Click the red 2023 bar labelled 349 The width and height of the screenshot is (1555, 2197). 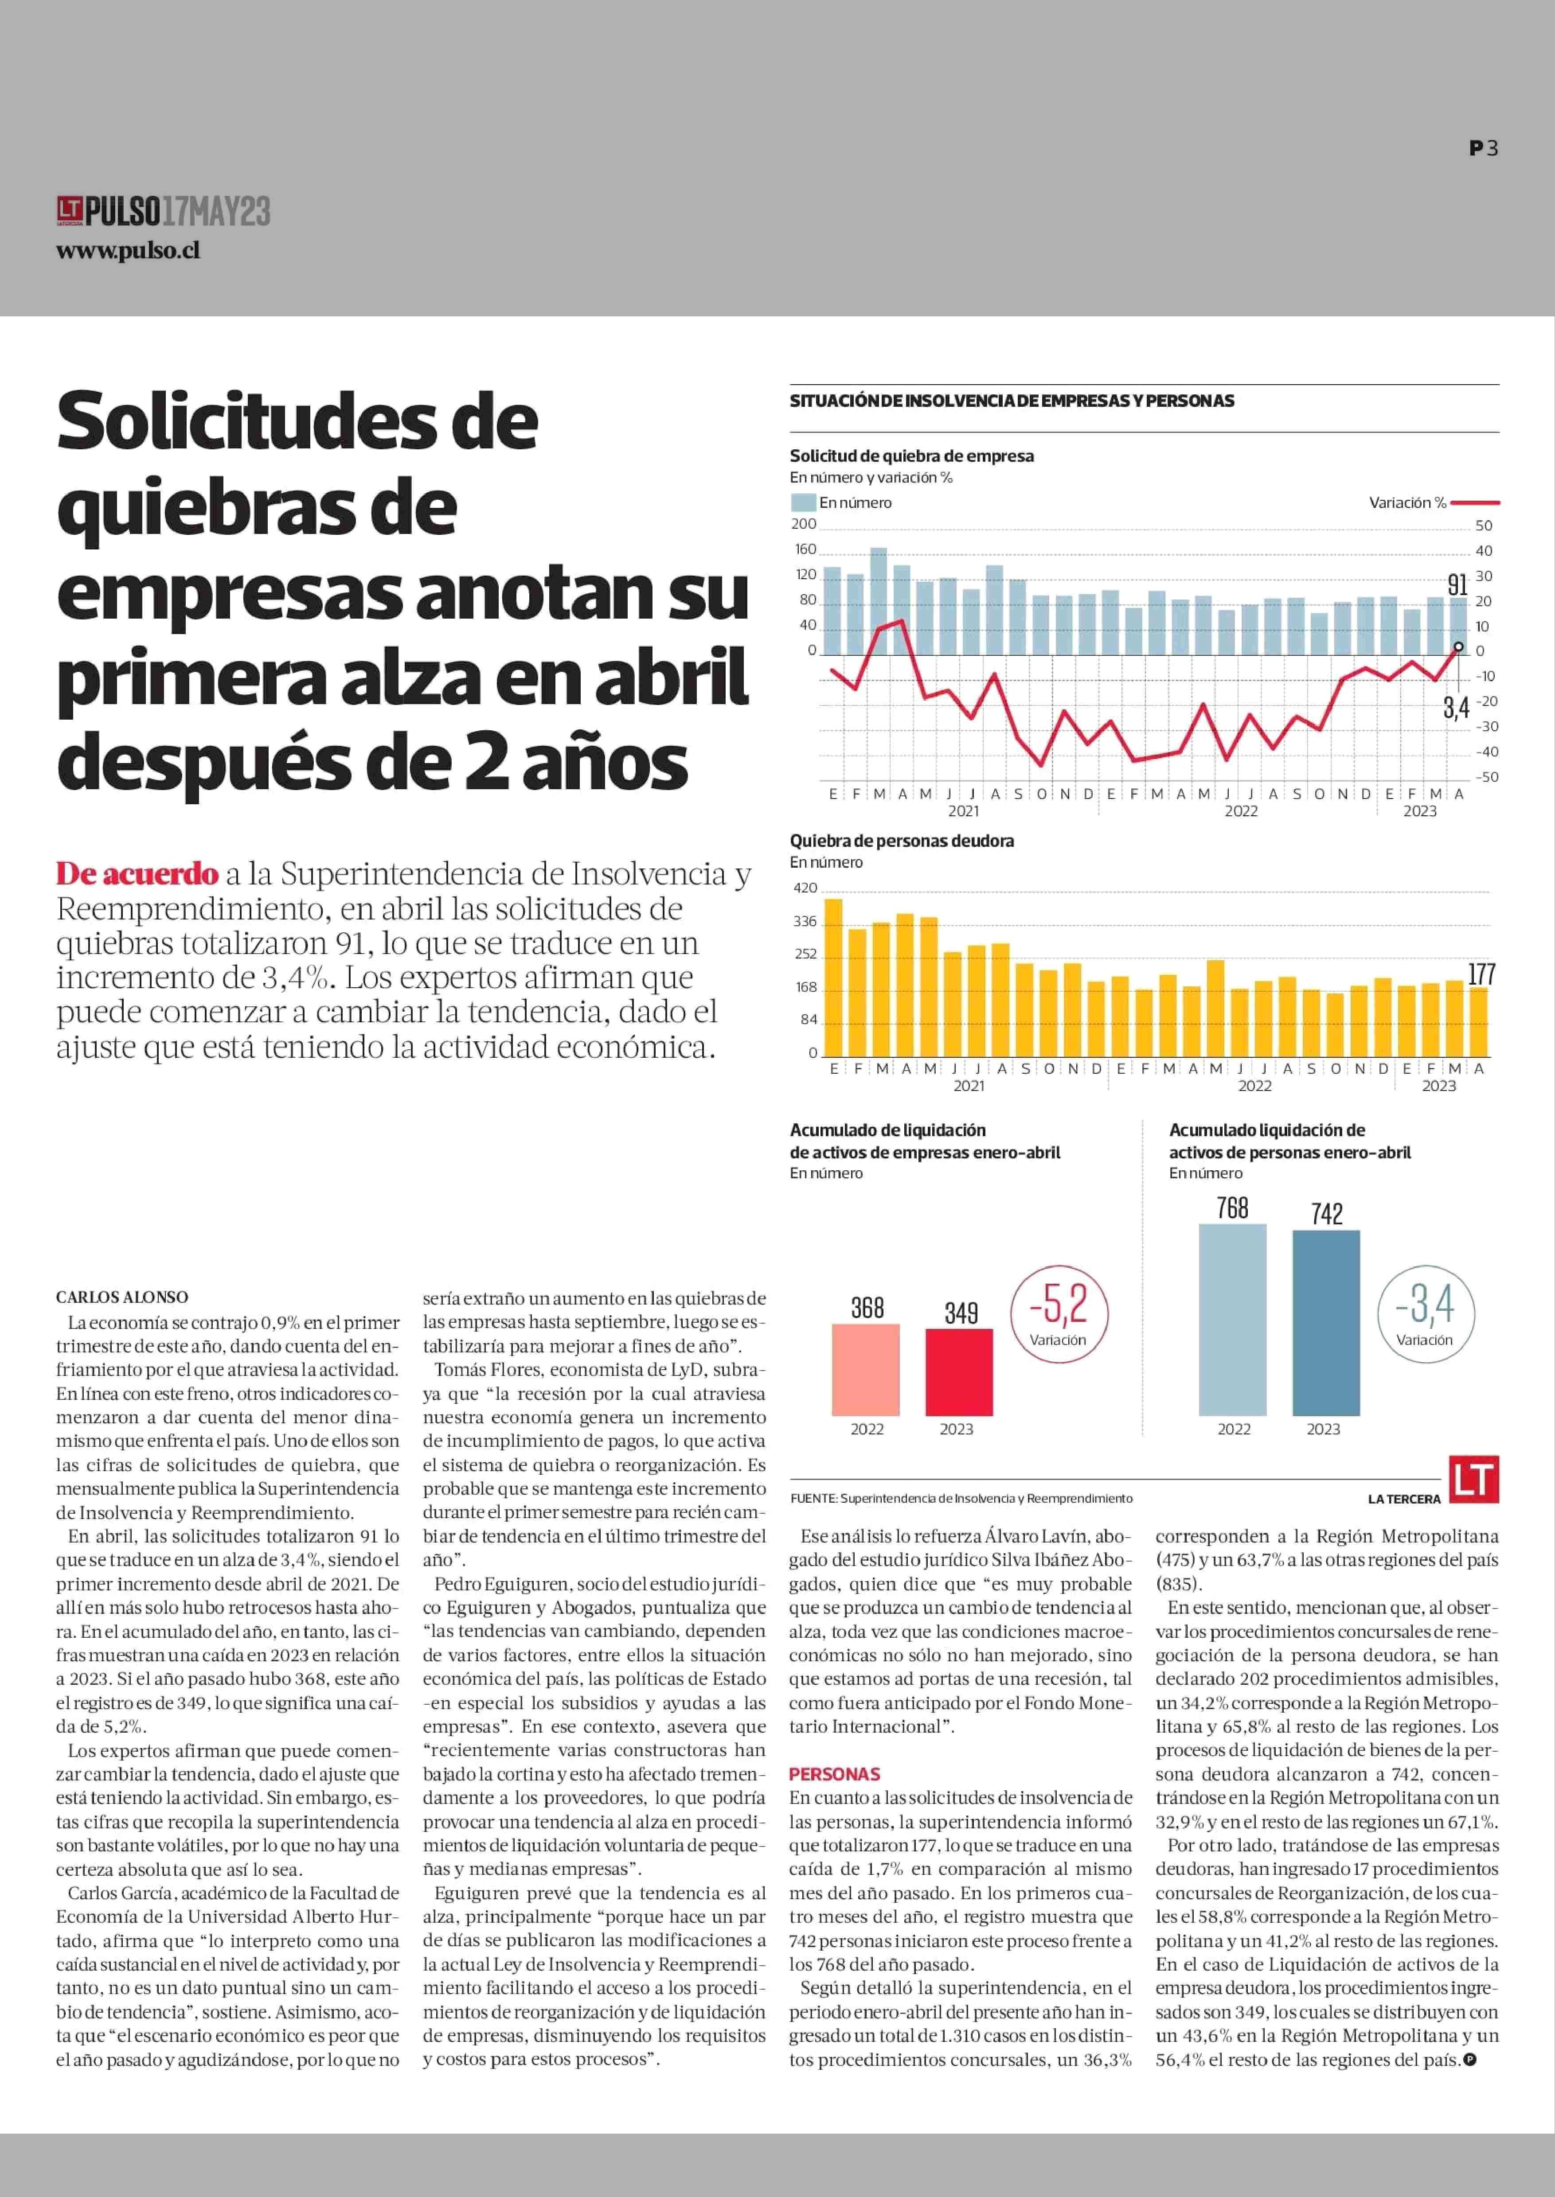coord(958,1372)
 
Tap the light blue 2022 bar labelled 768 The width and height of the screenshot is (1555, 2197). coord(1232,1319)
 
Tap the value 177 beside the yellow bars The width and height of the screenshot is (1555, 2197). coord(1481,974)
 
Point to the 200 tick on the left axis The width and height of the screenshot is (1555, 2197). coord(803,524)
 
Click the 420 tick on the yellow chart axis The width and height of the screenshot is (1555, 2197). coord(805,888)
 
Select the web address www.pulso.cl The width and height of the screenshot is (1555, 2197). coord(128,251)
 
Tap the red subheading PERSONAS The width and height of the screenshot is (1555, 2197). coord(834,1774)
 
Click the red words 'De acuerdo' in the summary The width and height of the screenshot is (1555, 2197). coord(137,873)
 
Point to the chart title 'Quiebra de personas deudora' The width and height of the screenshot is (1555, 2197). coord(901,841)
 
